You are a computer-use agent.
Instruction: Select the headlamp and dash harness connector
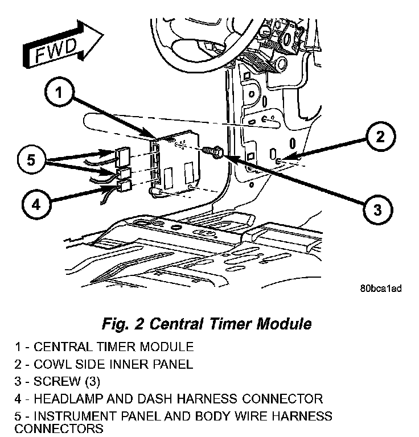124,185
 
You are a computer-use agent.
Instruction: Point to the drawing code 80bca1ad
381,288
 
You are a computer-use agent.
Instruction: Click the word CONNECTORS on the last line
51,428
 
